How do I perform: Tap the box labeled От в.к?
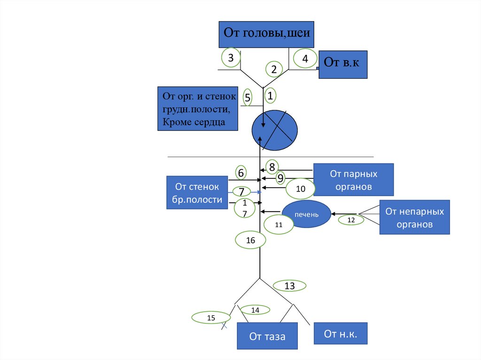[342, 64]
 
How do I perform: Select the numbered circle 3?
[231, 58]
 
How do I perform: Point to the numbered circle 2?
[273, 69]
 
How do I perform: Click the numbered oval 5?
[248, 98]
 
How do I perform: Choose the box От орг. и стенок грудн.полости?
[197, 109]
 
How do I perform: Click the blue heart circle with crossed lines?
[274, 128]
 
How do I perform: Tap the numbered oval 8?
[272, 167]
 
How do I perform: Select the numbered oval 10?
[301, 189]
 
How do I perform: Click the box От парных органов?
[353, 179]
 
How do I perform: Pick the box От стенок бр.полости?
[197, 193]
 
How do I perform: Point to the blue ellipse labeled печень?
[306, 214]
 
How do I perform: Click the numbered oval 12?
[351, 219]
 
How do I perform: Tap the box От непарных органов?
[414, 217]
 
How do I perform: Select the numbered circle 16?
[250, 240]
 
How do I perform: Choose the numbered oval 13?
[289, 285]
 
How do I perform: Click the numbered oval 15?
[211, 318]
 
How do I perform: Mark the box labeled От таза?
[267, 336]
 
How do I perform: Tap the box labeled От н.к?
[340, 334]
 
